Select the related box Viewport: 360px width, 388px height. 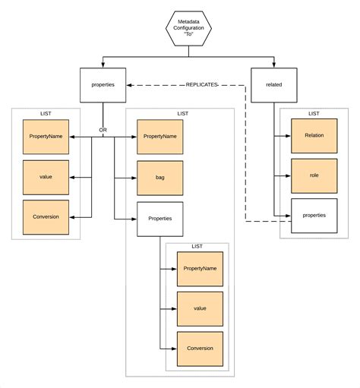coord(273,85)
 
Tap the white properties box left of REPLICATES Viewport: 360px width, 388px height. coord(103,85)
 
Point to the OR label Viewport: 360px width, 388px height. coord(103,128)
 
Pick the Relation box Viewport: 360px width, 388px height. coord(314,136)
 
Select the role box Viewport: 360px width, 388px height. coord(314,175)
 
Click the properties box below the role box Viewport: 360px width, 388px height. coord(314,216)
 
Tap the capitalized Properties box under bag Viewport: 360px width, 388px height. coord(159,218)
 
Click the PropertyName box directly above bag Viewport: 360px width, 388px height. coord(159,137)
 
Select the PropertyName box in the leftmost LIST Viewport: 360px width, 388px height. coord(46,137)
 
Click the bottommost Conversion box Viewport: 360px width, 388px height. coord(200,349)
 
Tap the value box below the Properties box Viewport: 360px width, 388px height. coord(200,308)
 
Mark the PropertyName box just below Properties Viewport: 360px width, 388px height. coord(200,269)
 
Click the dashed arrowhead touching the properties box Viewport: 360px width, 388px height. coord(130,85)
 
